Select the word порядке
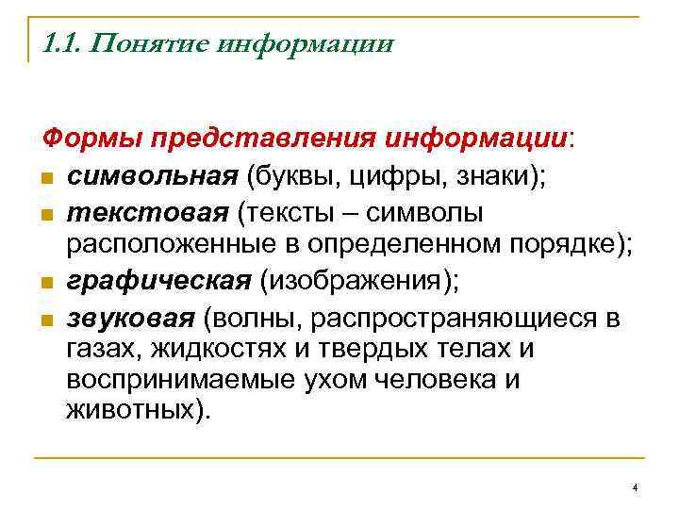coord(566,246)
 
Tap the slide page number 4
coord(636,486)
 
